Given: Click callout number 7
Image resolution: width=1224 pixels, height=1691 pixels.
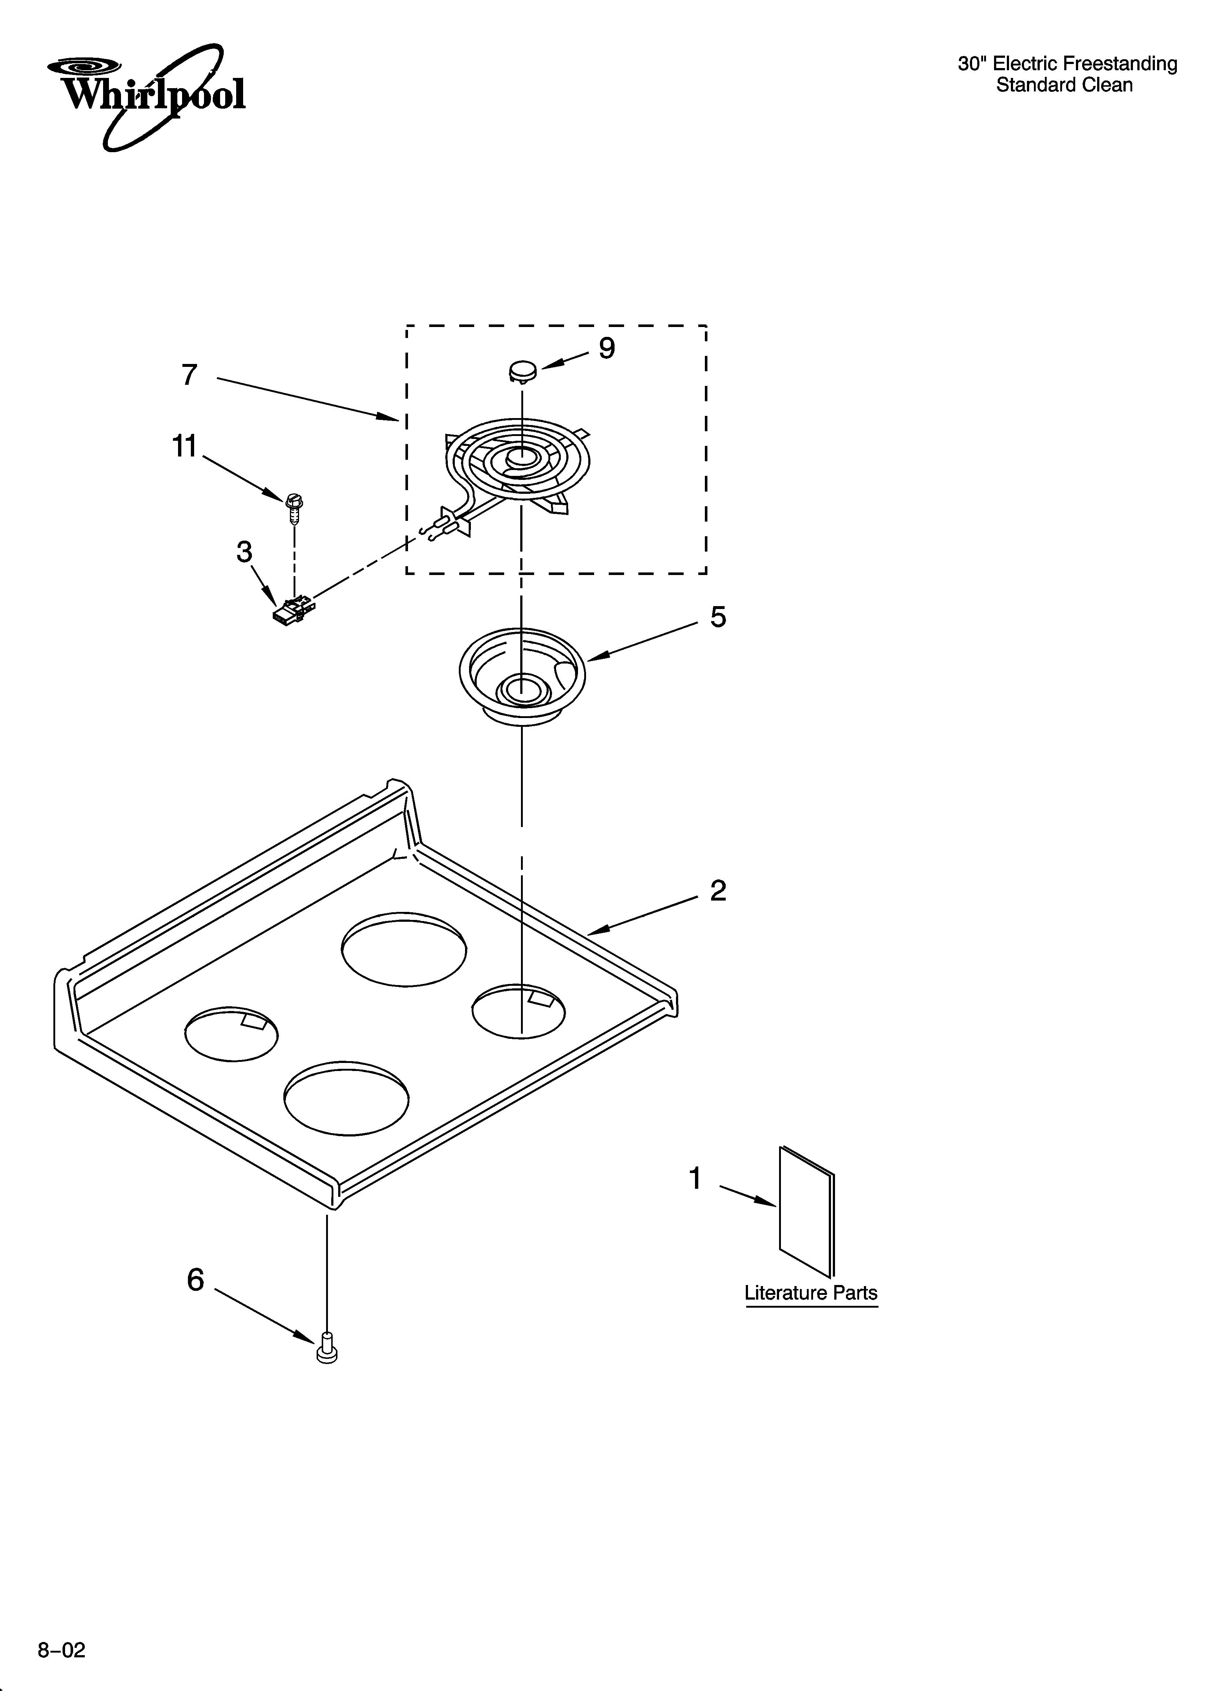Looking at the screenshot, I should tap(189, 375).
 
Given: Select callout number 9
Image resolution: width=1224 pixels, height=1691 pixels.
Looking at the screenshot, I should tap(607, 348).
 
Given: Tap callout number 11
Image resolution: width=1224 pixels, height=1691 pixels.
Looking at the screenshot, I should tap(184, 447).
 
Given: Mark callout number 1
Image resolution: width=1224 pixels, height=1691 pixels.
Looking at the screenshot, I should tap(695, 1179).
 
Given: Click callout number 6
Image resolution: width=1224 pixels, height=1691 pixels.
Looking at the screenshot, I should tap(195, 1280).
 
